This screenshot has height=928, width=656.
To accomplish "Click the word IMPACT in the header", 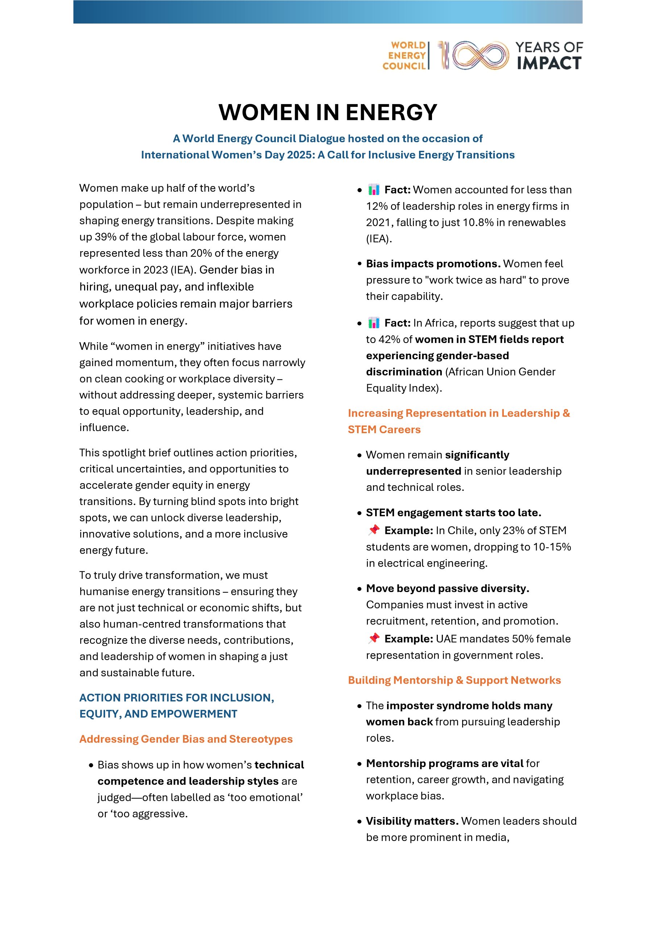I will click(549, 63).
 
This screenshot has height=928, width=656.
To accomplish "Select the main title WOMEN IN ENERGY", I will click(328, 112).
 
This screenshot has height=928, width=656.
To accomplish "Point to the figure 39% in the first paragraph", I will click(105, 237).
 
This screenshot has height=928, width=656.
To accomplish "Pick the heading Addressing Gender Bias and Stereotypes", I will click(186, 739).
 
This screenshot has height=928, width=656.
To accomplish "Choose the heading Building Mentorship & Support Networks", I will click(454, 680).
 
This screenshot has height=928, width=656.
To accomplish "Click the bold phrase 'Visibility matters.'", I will click(412, 821).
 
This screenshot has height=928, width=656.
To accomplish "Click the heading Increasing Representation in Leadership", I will click(459, 414).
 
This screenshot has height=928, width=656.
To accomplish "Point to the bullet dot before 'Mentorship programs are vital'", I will click(359, 764).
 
